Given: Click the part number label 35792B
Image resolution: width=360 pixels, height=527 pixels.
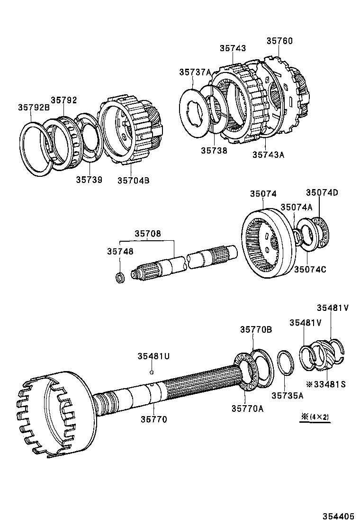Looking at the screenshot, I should [34, 107].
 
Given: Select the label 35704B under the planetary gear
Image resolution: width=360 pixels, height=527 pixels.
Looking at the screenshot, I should [134, 180].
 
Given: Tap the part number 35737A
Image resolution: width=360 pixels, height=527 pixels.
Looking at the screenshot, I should [195, 72].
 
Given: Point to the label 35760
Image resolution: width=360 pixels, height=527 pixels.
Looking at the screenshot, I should [279, 41].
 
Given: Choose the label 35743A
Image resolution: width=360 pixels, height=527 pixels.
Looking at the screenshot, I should [268, 154].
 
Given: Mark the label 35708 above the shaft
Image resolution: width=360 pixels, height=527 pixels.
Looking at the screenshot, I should [147, 234].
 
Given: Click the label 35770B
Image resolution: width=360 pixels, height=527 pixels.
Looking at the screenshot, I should [256, 329].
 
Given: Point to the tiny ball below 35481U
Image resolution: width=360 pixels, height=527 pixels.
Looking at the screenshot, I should [151, 372].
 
